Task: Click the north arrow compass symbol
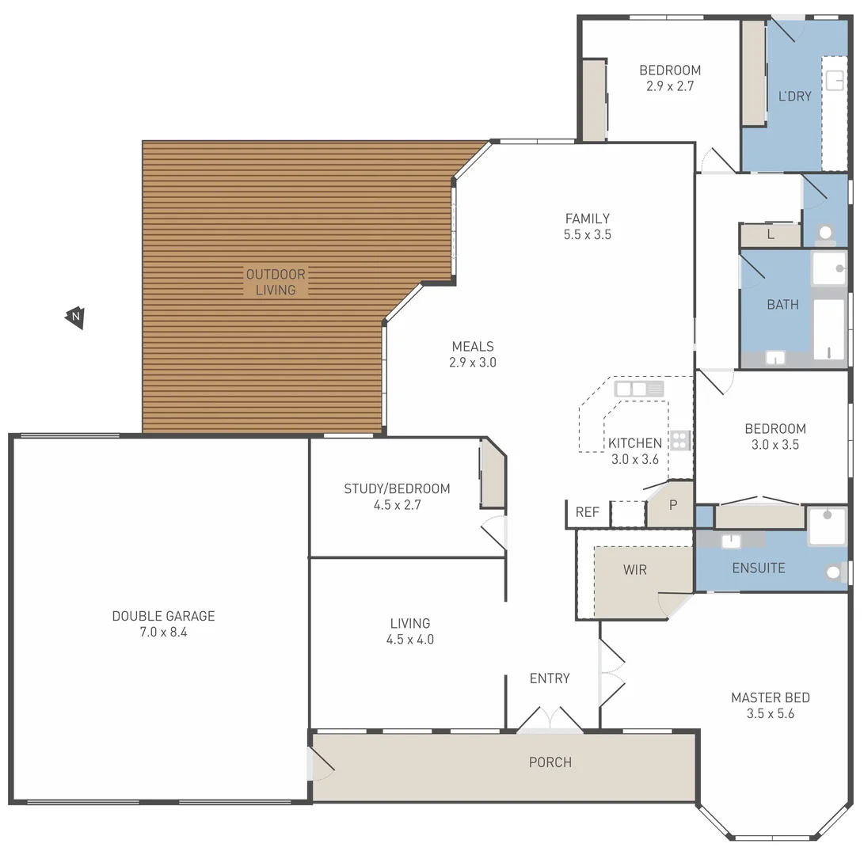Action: tap(75, 317)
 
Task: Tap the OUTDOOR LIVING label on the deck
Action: tap(275, 283)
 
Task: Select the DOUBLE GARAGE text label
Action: tap(163, 616)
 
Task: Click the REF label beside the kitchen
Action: tap(587, 512)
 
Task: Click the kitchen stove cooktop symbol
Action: tap(679, 441)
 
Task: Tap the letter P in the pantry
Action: tap(673, 504)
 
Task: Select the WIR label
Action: tap(634, 569)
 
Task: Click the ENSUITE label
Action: tap(758, 568)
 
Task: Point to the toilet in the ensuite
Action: tap(835, 572)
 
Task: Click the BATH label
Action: tap(782, 305)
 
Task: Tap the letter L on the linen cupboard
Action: tap(770, 235)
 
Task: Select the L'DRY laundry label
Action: tap(794, 97)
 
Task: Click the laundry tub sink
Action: tap(835, 80)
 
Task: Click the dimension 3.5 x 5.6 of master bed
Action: tap(770, 713)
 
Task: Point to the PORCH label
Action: tap(550, 762)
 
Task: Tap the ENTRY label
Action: tap(549, 678)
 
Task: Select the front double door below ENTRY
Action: tap(550, 720)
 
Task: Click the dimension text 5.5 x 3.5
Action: tap(587, 234)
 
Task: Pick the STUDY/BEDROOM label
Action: tap(396, 488)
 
